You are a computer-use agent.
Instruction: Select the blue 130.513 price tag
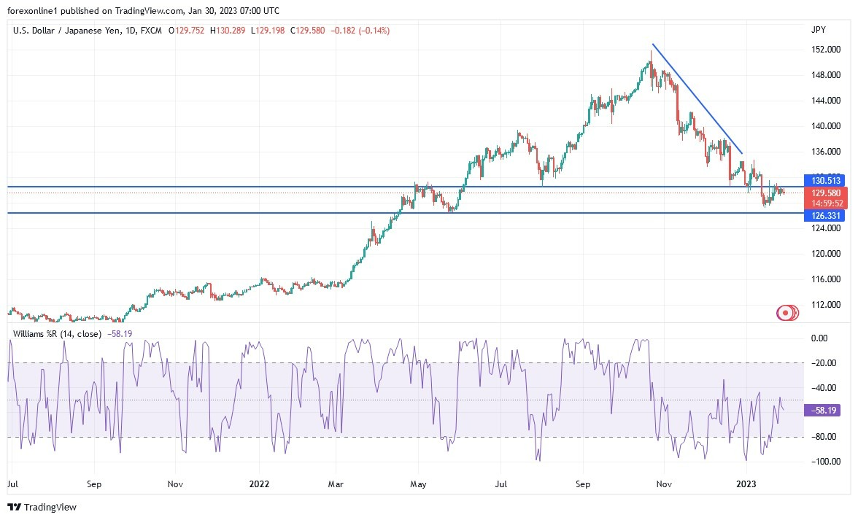pos(826,180)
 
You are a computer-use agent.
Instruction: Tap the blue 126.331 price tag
pos(826,216)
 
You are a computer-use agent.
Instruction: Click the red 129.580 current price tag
pos(826,193)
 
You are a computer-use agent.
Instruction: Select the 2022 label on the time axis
pos(260,484)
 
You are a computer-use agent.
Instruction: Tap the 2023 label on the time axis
pos(746,484)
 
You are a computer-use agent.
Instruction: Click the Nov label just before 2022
pos(175,484)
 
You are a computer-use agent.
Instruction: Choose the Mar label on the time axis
pos(336,484)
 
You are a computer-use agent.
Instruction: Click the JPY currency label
pos(818,30)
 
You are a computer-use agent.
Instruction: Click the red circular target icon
pos(785,313)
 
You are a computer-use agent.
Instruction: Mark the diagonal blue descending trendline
pos(697,98)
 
